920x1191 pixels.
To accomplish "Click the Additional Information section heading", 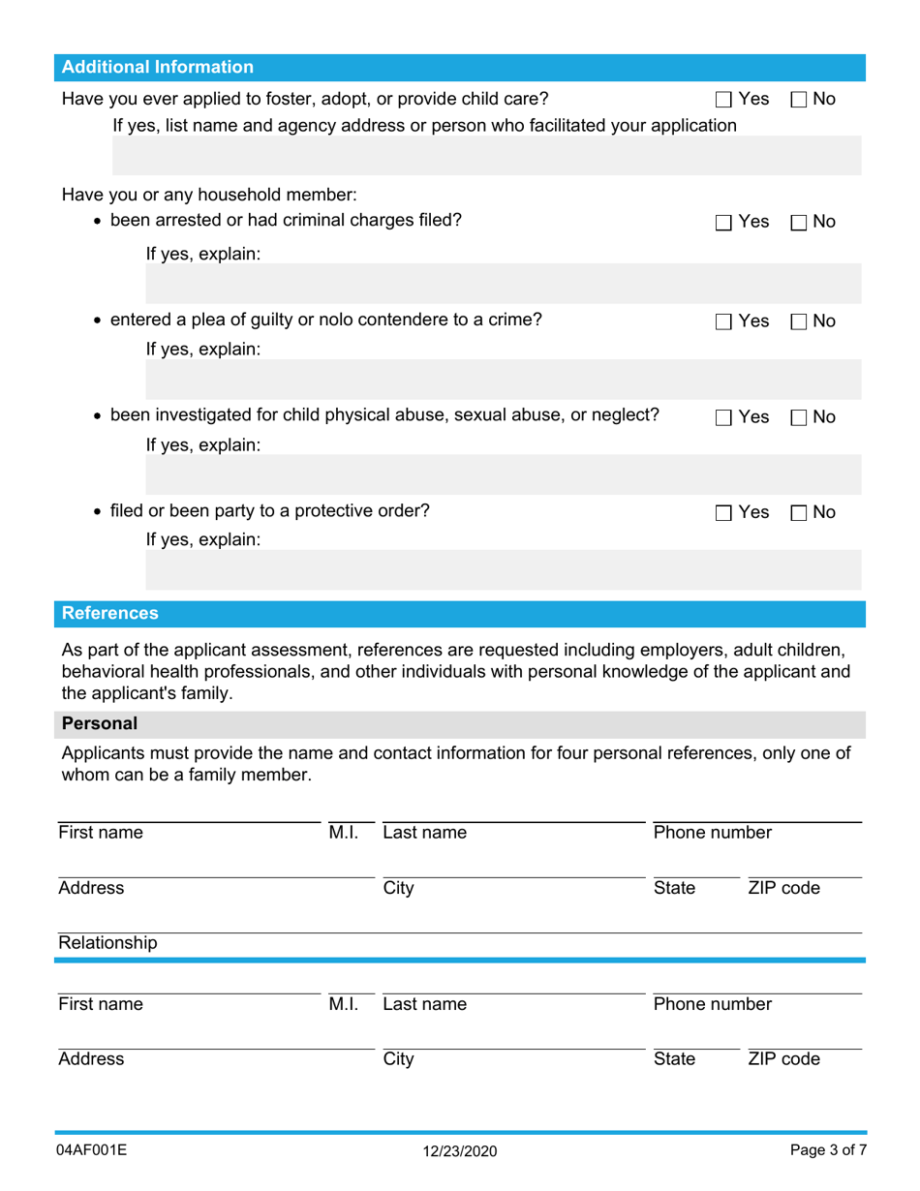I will tap(158, 67).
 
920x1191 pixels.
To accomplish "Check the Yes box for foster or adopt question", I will tap(724, 99).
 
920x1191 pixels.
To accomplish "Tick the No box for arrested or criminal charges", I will tap(799, 223).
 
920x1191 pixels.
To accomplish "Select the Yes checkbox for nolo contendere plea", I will tap(724, 321).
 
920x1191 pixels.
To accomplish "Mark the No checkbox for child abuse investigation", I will tap(799, 417).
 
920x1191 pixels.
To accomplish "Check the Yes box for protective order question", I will tap(724, 512).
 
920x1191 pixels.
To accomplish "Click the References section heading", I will tap(110, 613).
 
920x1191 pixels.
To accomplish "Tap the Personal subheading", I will tap(100, 723).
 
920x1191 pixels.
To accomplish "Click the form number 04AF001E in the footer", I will tap(92, 1150).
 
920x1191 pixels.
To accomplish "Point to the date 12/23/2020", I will tap(460, 1151).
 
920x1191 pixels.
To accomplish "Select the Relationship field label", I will tap(107, 943).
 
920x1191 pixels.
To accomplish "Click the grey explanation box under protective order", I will tap(503, 570).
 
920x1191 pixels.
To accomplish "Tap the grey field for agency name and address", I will tap(487, 155).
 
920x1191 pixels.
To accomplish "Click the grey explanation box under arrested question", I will tap(503, 285).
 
